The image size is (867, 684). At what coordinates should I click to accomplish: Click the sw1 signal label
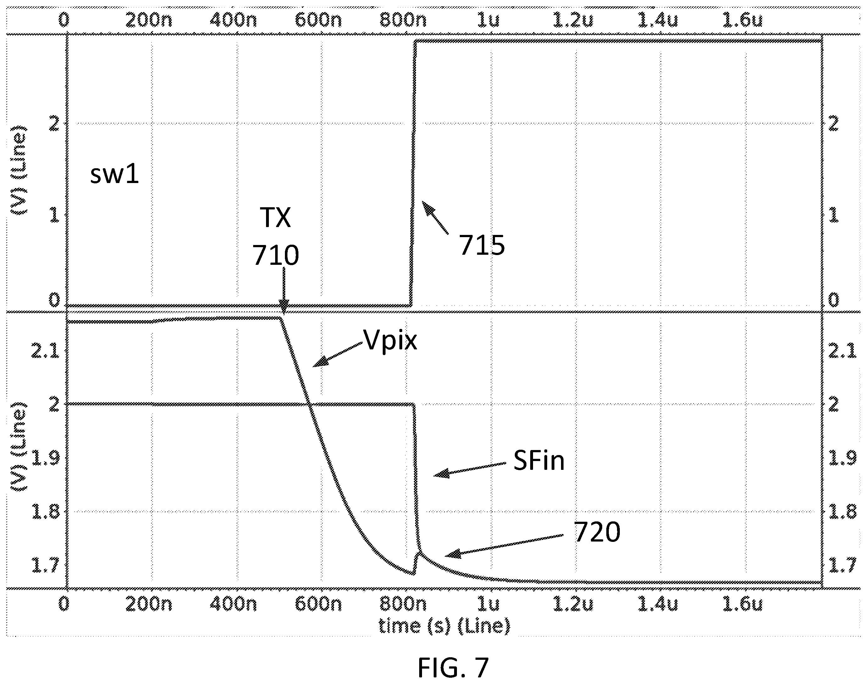tap(115, 175)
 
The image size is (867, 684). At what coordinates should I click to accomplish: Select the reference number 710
tap(275, 255)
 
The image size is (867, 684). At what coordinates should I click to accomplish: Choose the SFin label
tap(539, 460)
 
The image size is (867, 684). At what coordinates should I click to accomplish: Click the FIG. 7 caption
tap(453, 667)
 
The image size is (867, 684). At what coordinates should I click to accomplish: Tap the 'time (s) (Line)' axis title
tap(445, 626)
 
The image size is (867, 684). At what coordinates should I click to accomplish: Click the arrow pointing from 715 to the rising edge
tap(435, 217)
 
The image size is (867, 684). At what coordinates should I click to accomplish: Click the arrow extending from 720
tap(505, 545)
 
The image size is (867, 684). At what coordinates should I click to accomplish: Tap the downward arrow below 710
tap(284, 291)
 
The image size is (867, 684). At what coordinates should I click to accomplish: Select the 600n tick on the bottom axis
tap(318, 604)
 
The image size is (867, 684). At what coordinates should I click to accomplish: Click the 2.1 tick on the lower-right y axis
tap(842, 351)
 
